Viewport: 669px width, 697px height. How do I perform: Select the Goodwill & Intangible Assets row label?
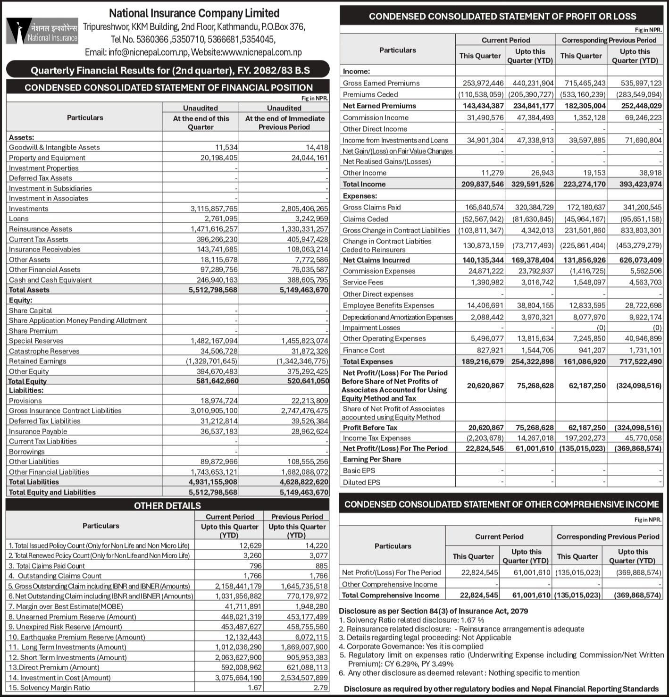coord(54,147)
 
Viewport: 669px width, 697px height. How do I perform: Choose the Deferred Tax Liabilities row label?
coord(45,421)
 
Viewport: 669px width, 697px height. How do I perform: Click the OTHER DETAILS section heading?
coord(167,505)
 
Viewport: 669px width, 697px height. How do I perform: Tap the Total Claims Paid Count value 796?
coord(255,566)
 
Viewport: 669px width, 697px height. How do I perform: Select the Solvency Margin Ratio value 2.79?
coord(321,688)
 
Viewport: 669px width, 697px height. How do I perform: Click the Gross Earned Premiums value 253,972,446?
coord(480,83)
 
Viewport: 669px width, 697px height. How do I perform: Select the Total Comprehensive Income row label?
coord(391,595)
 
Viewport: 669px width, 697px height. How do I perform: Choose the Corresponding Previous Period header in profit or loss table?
coord(609,40)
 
